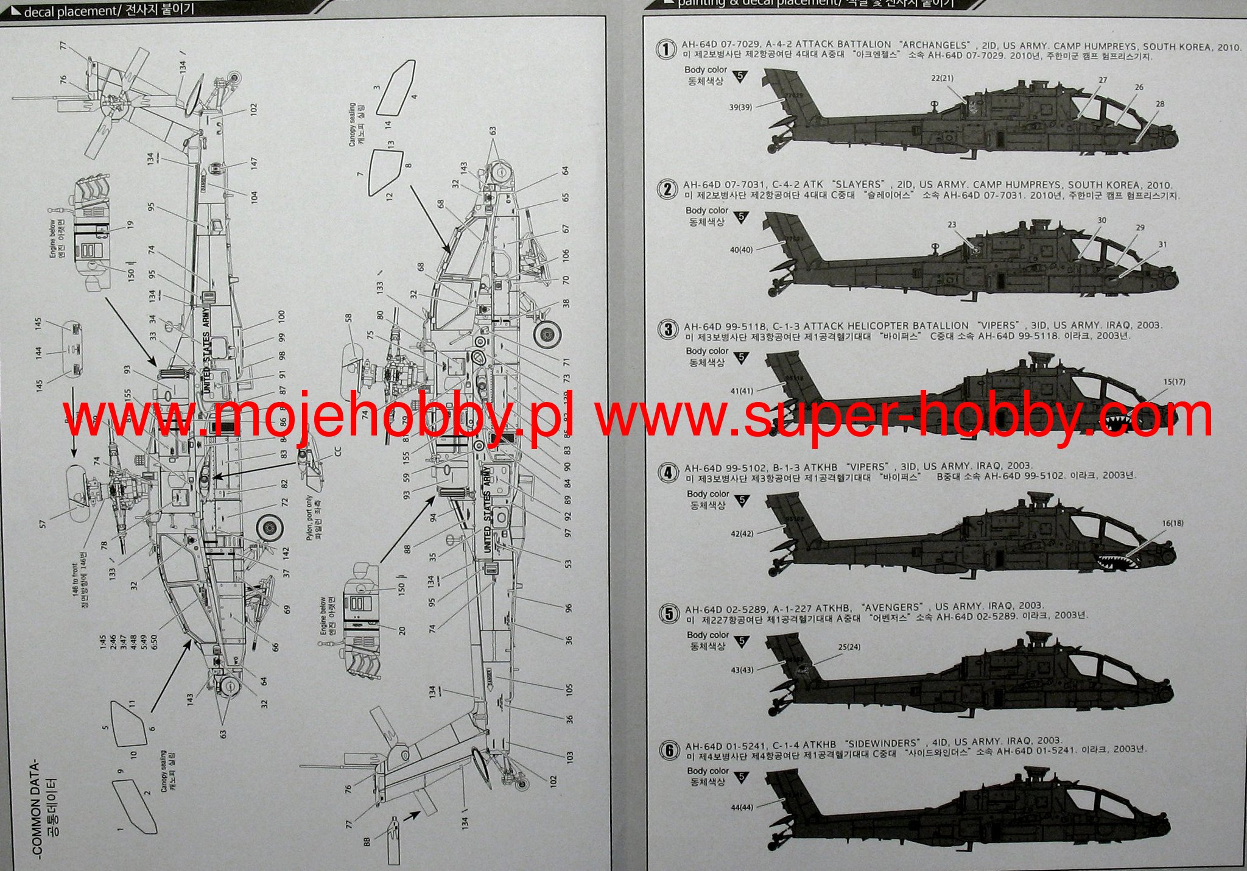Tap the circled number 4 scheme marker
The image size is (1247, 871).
click(669, 473)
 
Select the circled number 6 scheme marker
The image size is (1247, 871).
click(669, 750)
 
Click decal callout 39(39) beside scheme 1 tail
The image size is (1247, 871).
click(740, 107)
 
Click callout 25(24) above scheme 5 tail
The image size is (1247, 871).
click(849, 647)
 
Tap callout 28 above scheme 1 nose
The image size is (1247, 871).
click(1160, 104)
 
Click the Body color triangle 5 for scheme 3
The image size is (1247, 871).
click(741, 358)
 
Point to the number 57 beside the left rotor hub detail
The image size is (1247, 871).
click(42, 523)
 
